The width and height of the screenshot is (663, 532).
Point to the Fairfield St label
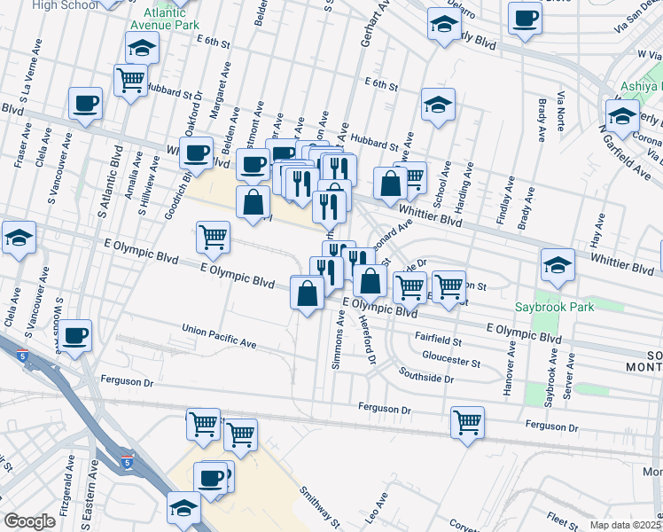tap(440, 340)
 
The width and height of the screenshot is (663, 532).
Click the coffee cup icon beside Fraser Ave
tap(86, 103)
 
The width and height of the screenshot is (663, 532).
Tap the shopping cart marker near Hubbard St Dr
tap(131, 80)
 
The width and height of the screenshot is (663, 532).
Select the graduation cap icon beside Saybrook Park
tap(558, 263)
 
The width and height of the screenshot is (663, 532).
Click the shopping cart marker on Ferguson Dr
tap(467, 422)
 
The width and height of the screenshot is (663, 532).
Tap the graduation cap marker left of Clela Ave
tap(19, 238)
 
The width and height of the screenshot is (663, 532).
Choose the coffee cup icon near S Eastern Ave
tap(75, 335)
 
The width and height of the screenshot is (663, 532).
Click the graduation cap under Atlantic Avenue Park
tap(142, 49)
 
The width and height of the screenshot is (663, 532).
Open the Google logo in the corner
tap(29, 521)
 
